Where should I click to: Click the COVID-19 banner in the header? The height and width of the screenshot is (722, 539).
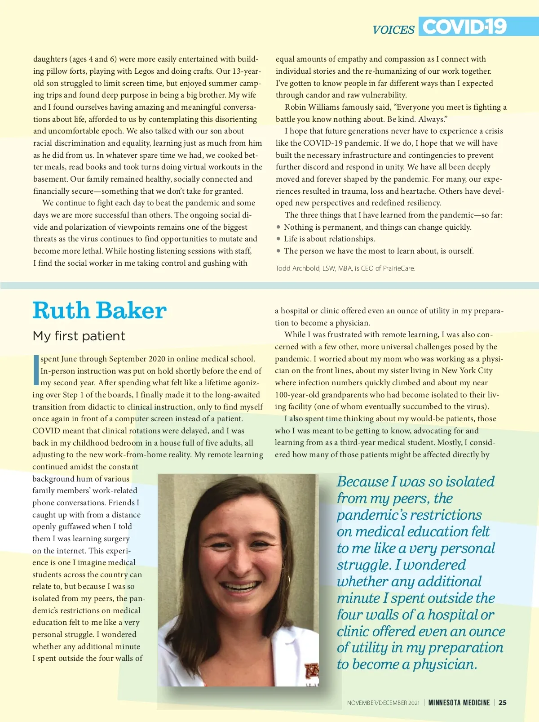coord(464,27)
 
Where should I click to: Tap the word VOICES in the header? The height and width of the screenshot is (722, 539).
coord(393,30)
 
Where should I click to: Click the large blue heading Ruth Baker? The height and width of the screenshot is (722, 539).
coord(100,311)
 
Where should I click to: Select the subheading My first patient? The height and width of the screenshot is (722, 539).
coord(79,336)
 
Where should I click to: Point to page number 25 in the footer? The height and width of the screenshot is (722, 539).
coord(503,702)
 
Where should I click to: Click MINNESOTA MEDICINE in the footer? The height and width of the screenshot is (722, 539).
coord(459,702)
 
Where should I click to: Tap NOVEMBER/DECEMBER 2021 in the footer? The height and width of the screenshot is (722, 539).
coord(383,702)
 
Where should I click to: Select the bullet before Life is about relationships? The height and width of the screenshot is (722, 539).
coord(278,239)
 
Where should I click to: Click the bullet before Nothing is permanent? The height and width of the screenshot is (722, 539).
coord(278,227)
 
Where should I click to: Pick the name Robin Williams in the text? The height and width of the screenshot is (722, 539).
coord(312,107)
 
